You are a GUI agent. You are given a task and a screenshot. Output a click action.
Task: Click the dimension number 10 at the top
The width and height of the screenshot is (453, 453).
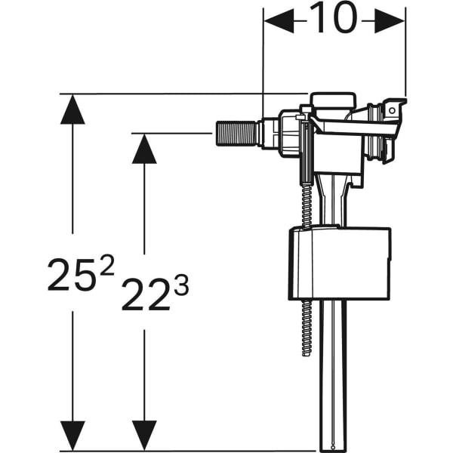(332, 20)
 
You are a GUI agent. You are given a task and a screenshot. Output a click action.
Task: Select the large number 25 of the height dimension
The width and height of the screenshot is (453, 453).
(72, 275)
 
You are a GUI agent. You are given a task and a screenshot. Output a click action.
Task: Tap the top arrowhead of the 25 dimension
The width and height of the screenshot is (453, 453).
(72, 109)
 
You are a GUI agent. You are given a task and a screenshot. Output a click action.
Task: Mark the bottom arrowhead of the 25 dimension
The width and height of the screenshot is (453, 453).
(72, 436)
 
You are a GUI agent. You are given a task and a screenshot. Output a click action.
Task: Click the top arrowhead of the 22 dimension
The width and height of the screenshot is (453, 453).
(144, 149)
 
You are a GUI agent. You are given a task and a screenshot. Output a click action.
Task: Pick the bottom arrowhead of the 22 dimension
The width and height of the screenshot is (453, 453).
(144, 436)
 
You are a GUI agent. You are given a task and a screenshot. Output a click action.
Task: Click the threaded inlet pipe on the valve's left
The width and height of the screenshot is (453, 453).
(238, 134)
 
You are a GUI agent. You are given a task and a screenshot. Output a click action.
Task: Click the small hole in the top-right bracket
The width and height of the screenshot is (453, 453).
(392, 111)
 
